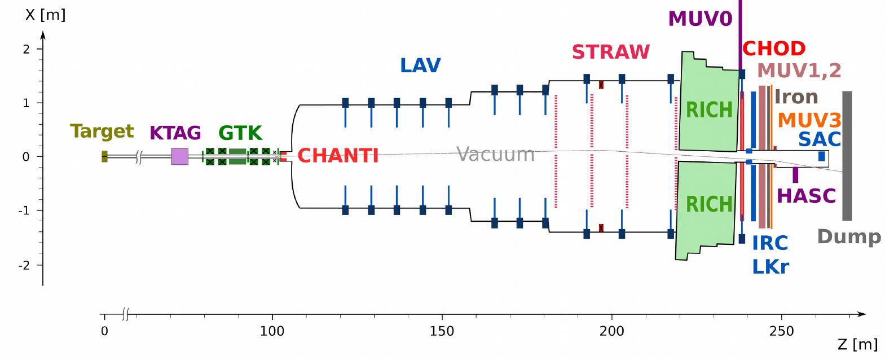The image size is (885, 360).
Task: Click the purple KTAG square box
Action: point(179,156)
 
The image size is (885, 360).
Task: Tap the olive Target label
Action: point(102,131)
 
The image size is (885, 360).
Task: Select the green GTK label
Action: point(240,133)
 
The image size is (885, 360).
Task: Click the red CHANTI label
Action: point(338,156)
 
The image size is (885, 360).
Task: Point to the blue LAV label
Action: point(420,65)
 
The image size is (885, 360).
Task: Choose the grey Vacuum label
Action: point(495,154)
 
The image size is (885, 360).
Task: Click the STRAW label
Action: point(610,52)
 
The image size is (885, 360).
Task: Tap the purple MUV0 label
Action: point(700,19)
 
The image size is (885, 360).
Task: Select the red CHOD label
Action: point(773,49)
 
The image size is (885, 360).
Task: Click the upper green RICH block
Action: point(708,104)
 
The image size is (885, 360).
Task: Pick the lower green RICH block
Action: point(706,209)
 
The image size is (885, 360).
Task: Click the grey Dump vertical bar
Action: point(847,156)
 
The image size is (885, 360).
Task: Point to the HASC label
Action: point(806,196)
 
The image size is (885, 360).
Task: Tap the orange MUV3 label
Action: point(809,120)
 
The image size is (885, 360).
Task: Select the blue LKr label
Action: point(770,266)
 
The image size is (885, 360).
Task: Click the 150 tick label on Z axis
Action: point(442,331)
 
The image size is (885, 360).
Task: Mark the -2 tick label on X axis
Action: point(24,265)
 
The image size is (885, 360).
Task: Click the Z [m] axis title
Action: point(857,344)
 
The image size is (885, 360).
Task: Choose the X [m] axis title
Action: point(45,15)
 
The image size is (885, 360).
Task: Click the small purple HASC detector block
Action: point(795,175)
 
